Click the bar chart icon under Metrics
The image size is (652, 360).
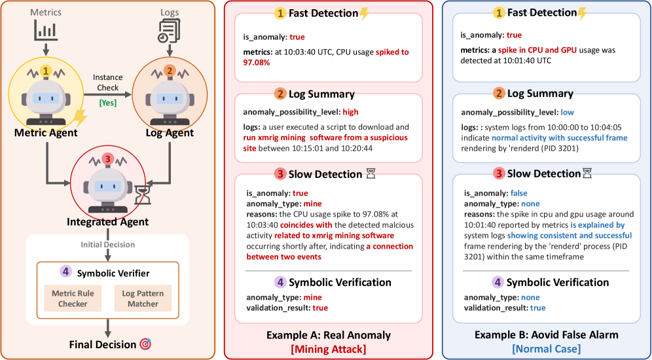[45, 30]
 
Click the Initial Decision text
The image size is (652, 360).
[108, 244]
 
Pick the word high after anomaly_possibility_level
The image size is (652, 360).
[350, 112]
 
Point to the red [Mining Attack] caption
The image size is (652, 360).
[328, 350]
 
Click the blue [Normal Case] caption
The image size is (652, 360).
[547, 350]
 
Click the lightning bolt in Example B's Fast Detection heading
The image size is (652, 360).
[583, 13]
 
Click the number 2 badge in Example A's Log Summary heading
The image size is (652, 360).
[280, 94]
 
